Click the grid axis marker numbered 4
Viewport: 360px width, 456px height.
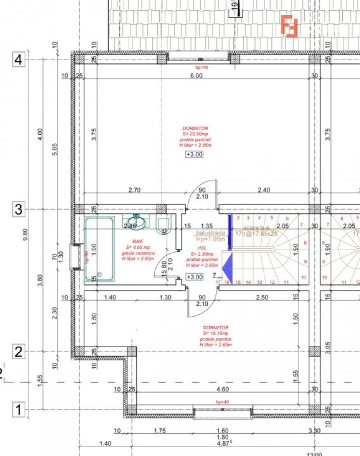coord(18,60)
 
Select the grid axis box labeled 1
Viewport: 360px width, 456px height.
coord(18,409)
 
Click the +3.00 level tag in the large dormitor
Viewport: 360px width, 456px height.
coord(194,155)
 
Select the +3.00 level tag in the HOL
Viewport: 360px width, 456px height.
coord(194,277)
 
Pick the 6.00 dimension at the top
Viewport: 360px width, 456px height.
coord(196,75)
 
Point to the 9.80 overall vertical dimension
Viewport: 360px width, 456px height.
coord(26,235)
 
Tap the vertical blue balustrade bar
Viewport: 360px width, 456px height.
coord(230,233)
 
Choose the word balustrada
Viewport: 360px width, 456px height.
coord(210,233)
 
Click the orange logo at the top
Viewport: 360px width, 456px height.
coord(290,26)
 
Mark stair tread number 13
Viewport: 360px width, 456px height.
coord(259,282)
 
